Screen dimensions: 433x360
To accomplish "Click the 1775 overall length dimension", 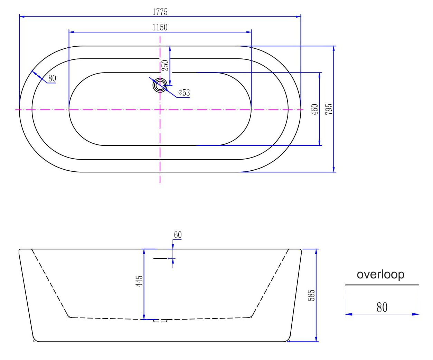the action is point(160,12).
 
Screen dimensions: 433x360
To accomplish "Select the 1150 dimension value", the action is point(160,27).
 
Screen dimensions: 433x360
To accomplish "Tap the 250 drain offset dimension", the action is point(165,66).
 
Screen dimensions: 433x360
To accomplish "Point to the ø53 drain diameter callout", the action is point(184,92).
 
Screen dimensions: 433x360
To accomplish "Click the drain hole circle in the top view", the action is point(160,85).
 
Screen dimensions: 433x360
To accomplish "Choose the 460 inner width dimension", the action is point(314,109).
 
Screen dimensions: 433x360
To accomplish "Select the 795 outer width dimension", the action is point(329,109).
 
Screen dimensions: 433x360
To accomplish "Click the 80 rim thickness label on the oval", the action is point(52,78).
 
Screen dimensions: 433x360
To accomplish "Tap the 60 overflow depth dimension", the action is point(178,235).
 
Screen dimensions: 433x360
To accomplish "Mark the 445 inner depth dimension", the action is point(139,281).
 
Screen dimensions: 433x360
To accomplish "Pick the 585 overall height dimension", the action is point(311,295).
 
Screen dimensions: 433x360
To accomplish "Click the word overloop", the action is point(380,274).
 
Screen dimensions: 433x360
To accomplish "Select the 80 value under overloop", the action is point(382,307).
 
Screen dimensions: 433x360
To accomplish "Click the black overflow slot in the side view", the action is point(160,258).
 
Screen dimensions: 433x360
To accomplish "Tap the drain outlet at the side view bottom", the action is point(160,321).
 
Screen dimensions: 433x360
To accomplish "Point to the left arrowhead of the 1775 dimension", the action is point(22,17).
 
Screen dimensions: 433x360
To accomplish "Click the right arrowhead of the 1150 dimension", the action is point(249,32).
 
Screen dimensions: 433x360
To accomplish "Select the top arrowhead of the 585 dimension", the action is point(316,252).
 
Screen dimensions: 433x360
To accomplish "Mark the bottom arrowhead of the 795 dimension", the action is point(334,169).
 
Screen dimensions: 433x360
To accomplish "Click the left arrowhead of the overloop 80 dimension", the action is point(349,314).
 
